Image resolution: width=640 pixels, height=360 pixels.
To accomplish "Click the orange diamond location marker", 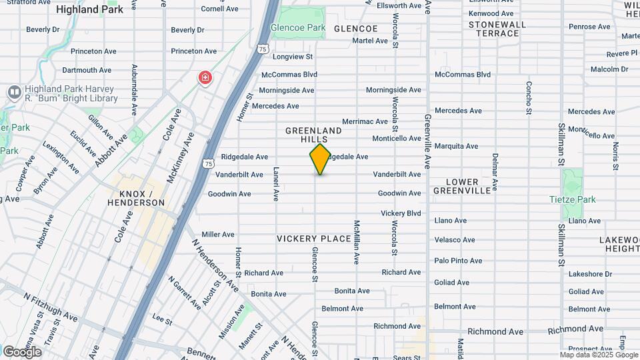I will click(x=320, y=159).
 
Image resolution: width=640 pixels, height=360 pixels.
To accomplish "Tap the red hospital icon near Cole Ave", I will click(x=205, y=78).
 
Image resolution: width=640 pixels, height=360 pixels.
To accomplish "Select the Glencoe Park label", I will click(x=298, y=28).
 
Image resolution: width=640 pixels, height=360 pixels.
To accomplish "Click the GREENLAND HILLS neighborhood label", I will click(x=313, y=135).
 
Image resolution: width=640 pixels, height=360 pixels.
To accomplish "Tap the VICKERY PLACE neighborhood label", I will click(x=313, y=239).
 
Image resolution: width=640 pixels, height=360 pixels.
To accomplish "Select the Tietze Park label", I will click(x=572, y=199).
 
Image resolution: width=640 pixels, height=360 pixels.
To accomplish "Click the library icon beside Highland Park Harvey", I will click(x=13, y=92).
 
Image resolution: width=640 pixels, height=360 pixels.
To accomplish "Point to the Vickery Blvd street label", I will click(x=401, y=213).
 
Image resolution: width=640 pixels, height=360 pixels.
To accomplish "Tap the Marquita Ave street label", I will click(x=456, y=146).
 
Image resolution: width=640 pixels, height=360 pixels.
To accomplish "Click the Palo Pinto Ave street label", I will click(x=458, y=261).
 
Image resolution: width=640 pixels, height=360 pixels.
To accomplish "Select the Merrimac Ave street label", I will click(x=365, y=121).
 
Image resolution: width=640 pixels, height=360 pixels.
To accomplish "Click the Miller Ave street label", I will click(x=218, y=235).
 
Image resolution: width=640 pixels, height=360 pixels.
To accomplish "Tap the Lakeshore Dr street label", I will click(x=590, y=274).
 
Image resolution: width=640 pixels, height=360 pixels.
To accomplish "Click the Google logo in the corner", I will click(x=22, y=351).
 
